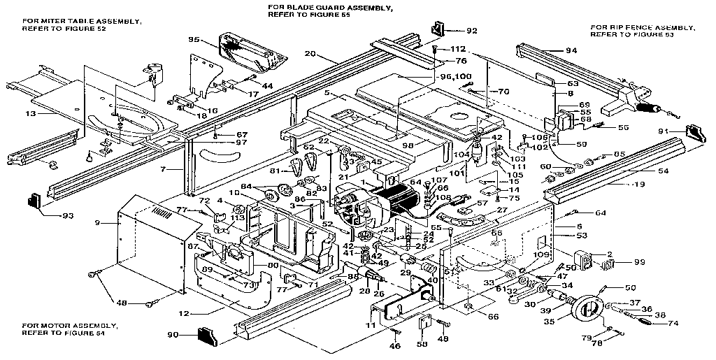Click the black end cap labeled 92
coord(440,29)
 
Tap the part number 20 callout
coord(310,54)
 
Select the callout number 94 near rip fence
coord(571,50)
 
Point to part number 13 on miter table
coord(29,113)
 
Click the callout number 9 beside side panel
coord(97,222)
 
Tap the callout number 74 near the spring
coord(673,323)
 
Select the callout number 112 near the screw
coord(458,48)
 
